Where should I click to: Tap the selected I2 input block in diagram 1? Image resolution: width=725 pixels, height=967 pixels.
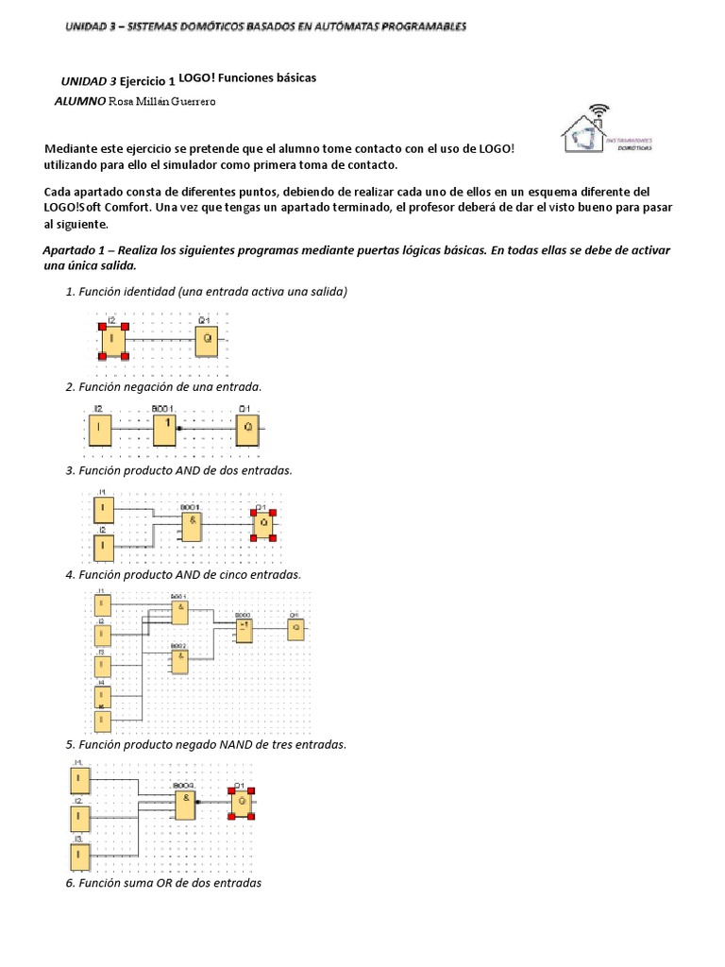(113, 340)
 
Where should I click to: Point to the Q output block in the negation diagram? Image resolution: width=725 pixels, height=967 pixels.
(248, 428)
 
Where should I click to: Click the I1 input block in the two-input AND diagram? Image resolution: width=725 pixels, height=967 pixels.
(102, 511)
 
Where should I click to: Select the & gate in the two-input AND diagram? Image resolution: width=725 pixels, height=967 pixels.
(192, 524)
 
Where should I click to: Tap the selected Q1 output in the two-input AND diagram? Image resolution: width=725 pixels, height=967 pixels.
(263, 523)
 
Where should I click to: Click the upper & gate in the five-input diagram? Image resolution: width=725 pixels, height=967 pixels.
(177, 612)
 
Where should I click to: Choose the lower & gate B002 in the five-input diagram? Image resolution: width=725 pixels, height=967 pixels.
(177, 659)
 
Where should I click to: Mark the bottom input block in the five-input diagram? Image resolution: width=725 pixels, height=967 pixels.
(102, 722)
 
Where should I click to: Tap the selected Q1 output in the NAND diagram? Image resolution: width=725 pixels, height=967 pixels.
(243, 804)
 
